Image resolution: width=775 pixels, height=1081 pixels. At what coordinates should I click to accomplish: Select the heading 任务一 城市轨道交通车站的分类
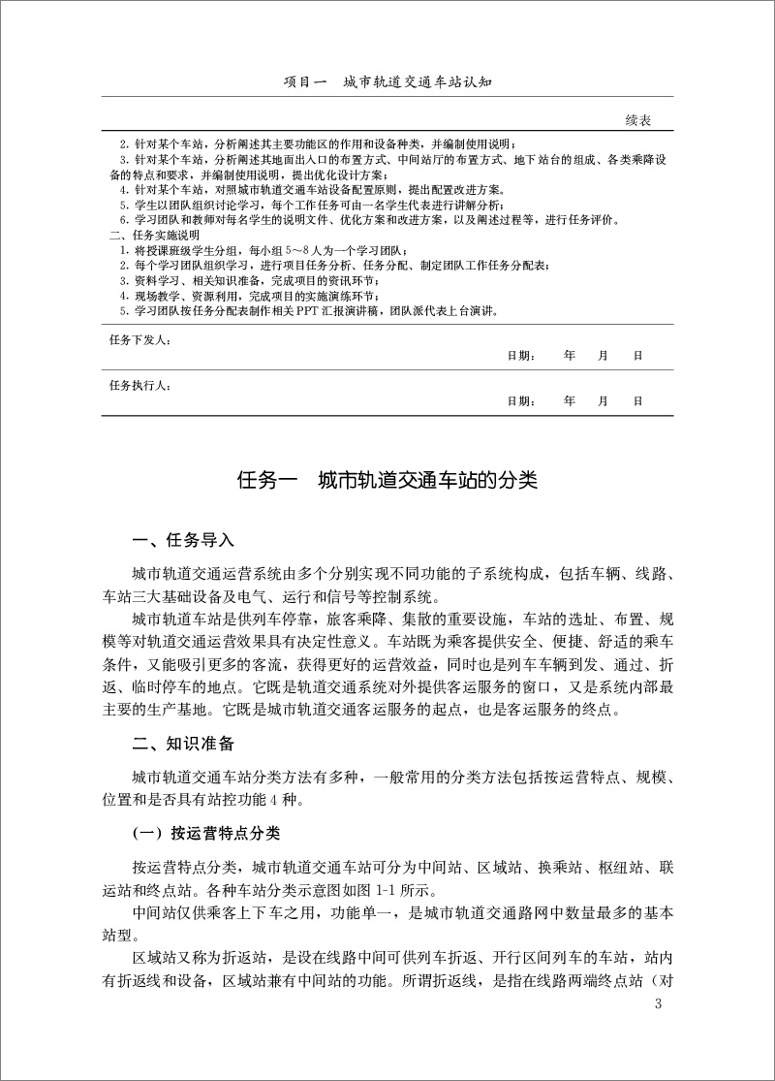pos(387,480)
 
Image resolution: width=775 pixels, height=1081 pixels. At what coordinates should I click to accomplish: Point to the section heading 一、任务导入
pos(183,539)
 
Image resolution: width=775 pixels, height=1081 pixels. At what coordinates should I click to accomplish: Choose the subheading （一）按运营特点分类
pos(206,832)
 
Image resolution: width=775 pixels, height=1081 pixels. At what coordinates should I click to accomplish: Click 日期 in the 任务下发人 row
pos(521,356)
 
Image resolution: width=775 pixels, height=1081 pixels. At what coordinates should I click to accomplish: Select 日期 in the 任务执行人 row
pos(521,399)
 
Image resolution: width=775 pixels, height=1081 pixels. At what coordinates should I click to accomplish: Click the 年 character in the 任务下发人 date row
pos(570,356)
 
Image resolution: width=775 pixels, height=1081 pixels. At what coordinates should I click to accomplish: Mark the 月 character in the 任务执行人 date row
pos(604,399)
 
